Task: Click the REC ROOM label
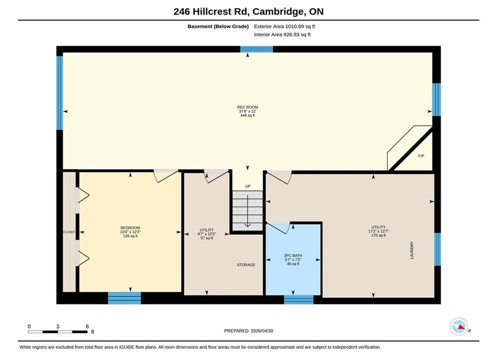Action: tap(248, 107)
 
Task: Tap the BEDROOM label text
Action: tap(130, 227)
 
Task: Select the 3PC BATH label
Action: tap(293, 255)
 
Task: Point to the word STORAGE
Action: tap(246, 265)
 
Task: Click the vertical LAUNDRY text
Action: tap(412, 250)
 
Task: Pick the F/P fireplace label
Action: tap(421, 156)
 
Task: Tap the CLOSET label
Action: tap(69, 232)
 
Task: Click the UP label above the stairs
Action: tap(248, 186)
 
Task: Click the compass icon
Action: tap(459, 326)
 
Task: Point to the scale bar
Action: tap(57, 332)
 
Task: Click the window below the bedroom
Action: tap(124, 298)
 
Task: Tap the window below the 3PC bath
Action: tap(299, 299)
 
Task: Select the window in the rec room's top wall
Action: tap(256, 49)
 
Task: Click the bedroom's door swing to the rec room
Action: tap(165, 176)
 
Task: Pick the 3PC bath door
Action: tap(278, 228)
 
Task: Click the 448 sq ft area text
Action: tap(248, 115)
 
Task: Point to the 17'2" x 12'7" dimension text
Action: tap(379, 231)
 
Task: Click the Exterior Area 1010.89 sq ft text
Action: tap(284, 26)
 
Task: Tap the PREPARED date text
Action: tap(249, 330)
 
